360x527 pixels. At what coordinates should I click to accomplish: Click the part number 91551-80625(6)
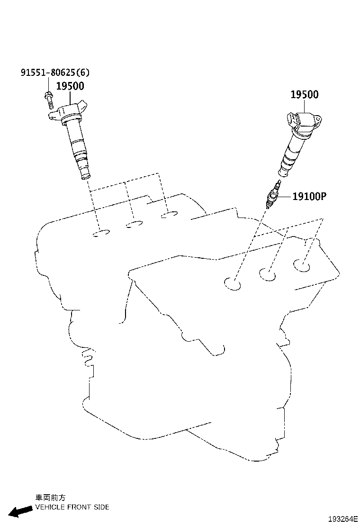click(x=55, y=72)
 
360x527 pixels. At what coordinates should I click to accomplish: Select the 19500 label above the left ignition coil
click(x=70, y=86)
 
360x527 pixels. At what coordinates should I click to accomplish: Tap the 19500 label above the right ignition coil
click(x=304, y=94)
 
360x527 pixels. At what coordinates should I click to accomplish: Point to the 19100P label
click(x=309, y=196)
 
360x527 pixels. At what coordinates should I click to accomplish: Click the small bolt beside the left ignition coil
click(x=49, y=100)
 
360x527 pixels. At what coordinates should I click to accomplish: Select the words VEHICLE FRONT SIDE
click(x=72, y=507)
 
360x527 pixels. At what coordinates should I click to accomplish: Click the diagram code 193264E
click(x=343, y=518)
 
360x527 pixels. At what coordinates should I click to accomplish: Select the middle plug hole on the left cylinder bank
click(x=135, y=224)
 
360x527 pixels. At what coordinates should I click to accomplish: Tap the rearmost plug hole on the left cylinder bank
click(x=169, y=215)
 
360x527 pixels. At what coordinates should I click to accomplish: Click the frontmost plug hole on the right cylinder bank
click(x=233, y=284)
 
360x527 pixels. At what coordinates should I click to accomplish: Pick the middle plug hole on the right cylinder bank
click(x=267, y=274)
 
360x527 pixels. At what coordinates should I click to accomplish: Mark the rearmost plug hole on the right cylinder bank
click(x=302, y=265)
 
